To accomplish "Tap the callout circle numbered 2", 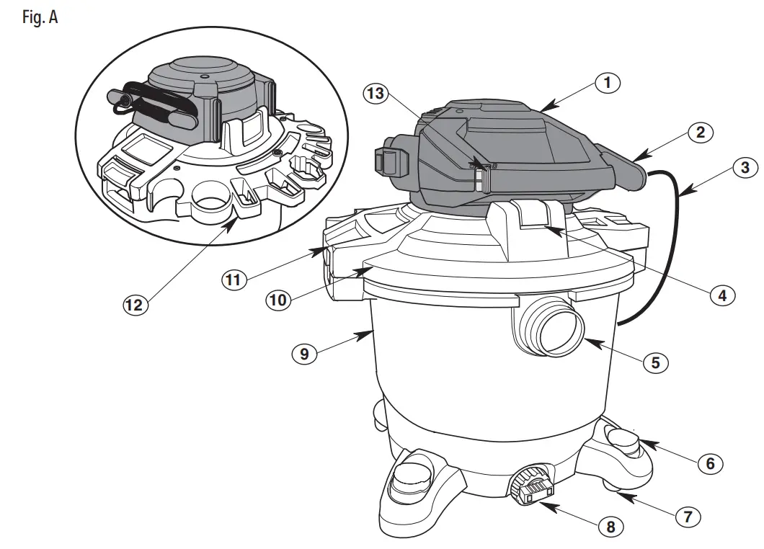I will (x=700, y=133).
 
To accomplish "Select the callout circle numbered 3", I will (x=744, y=168).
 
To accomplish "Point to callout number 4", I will (x=721, y=294).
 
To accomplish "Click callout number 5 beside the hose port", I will (x=655, y=362).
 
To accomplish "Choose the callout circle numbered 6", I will (x=710, y=463).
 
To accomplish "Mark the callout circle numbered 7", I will (x=687, y=517).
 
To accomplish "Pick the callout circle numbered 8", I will (x=610, y=527).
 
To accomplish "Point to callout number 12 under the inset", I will (x=135, y=304).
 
